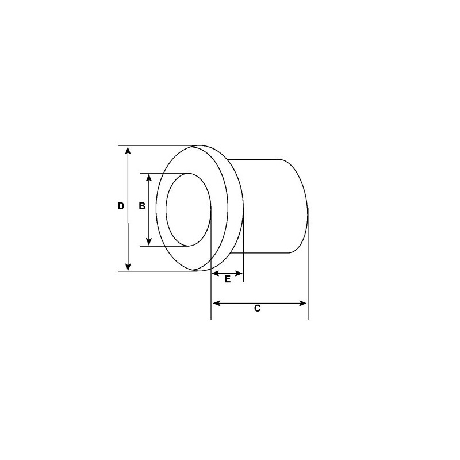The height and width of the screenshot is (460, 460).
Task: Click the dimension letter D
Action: tap(121, 206)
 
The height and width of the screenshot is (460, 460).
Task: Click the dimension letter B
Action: tap(142, 206)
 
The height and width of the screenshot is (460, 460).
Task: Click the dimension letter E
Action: tap(227, 279)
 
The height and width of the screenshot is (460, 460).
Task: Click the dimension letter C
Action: tap(258, 309)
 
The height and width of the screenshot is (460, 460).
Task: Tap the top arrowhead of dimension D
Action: tap(128, 150)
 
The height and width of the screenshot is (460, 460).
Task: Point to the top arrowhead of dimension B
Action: tap(149, 178)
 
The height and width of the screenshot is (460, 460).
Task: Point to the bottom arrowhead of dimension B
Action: tap(149, 242)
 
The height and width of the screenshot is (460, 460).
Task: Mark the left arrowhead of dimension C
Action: tap(216, 303)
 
